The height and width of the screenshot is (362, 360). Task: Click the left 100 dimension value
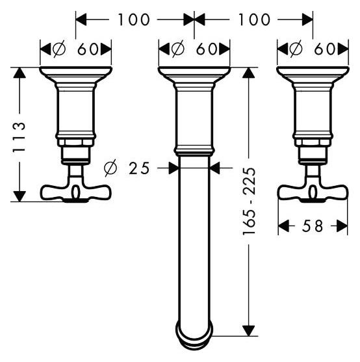(x=134, y=19)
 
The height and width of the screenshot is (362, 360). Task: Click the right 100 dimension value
(x=254, y=19)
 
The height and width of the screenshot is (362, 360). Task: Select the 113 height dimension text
(x=18, y=137)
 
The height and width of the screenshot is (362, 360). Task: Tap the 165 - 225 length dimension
(x=250, y=201)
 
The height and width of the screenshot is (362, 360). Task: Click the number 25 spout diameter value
(x=139, y=168)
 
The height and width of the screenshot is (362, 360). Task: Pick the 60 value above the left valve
(x=88, y=49)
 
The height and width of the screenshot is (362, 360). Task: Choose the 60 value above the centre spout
(x=207, y=49)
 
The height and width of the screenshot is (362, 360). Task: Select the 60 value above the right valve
(x=325, y=49)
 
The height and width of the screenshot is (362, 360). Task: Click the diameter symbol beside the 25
(x=110, y=168)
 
